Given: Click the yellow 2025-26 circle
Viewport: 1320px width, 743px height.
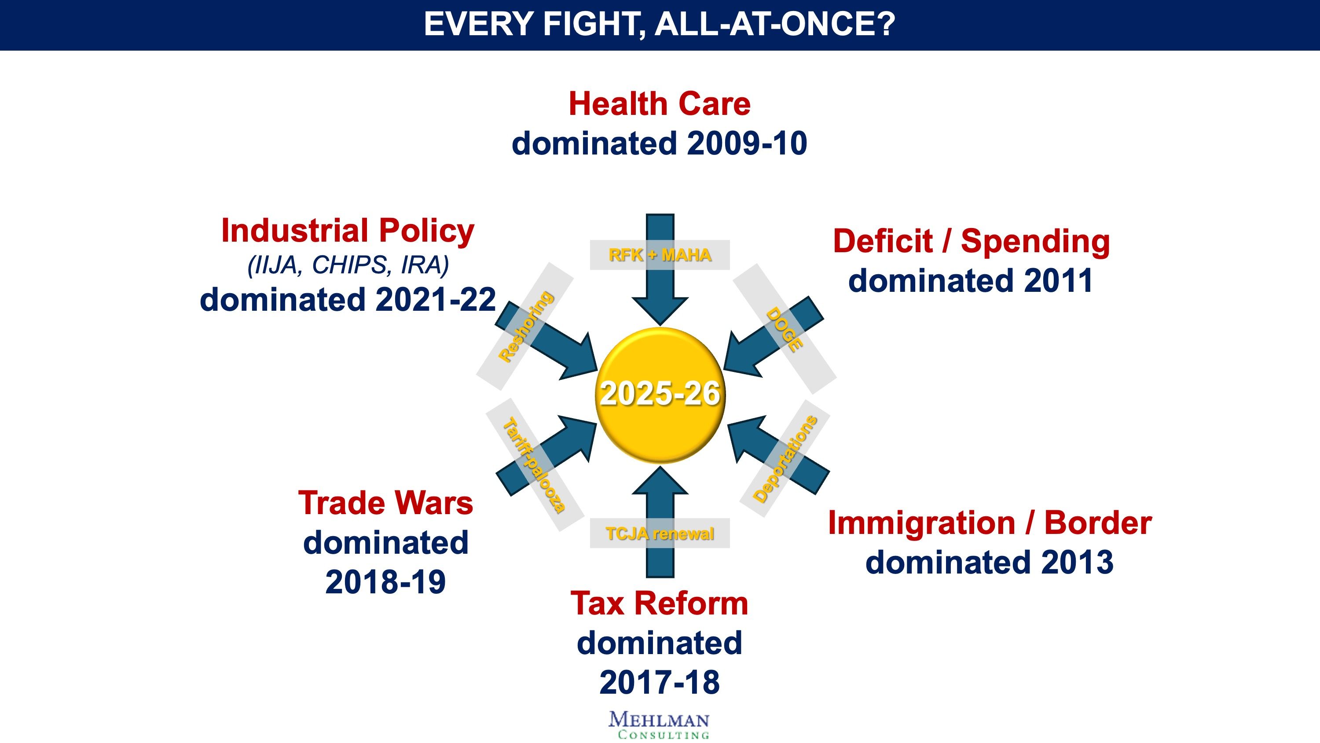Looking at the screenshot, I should [x=660, y=394].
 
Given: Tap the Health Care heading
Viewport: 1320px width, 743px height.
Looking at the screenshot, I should [x=660, y=104].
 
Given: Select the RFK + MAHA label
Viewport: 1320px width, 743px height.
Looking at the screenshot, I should [x=660, y=255].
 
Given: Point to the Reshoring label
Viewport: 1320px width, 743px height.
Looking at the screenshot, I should [x=526, y=327].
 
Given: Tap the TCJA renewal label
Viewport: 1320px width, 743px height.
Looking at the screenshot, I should [x=660, y=534].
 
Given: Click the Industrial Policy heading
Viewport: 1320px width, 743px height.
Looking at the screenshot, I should [x=348, y=231].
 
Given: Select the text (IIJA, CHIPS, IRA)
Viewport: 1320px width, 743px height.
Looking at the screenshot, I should [x=348, y=265].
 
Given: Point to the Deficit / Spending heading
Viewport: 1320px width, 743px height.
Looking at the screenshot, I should [x=971, y=241].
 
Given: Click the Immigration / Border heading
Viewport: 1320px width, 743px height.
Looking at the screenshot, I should [x=990, y=523].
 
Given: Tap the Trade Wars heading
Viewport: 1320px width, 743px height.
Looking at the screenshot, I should [x=385, y=503].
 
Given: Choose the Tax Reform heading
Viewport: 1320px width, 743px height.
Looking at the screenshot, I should [x=660, y=603].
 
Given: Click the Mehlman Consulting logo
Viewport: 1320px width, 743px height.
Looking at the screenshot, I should [x=660, y=725].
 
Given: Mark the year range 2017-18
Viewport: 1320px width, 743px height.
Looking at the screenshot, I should [x=660, y=683].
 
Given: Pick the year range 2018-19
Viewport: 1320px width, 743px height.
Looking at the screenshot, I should [x=385, y=582].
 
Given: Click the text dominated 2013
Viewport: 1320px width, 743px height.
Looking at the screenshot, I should [x=990, y=563].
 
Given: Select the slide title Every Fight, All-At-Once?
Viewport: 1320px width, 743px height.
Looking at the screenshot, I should [x=660, y=24].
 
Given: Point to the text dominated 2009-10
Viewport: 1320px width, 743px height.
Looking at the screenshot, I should [x=660, y=143].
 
